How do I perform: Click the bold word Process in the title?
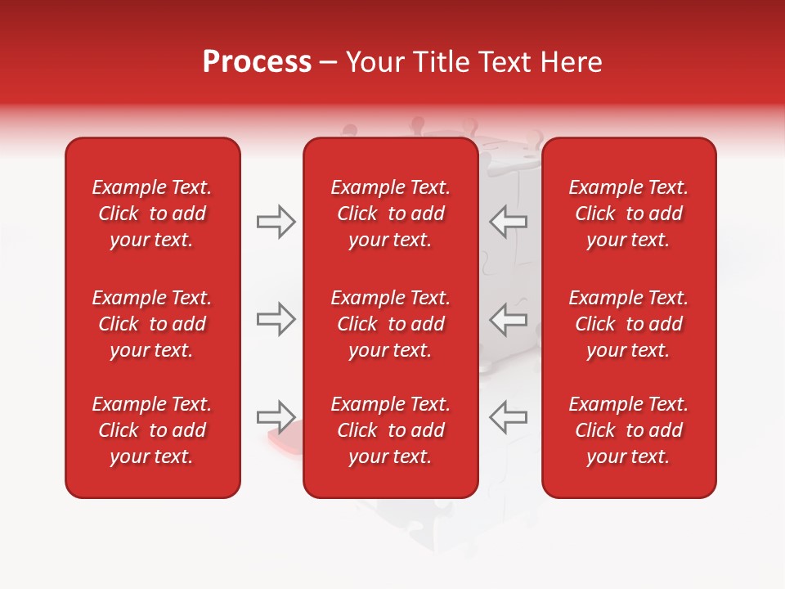click(257, 62)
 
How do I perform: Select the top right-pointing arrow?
click(276, 222)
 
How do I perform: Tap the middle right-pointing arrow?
click(276, 319)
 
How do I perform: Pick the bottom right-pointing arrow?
click(276, 416)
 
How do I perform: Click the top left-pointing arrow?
click(509, 222)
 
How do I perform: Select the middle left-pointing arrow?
click(509, 319)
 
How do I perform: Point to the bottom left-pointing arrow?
click(509, 416)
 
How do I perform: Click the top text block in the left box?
click(152, 214)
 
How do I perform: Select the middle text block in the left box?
click(152, 324)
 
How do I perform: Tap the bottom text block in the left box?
click(152, 430)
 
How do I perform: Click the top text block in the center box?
click(391, 214)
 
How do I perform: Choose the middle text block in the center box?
click(391, 324)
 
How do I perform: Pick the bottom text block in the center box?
click(391, 430)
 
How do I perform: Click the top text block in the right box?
click(629, 214)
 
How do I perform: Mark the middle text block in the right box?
click(629, 324)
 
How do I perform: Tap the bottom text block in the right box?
click(629, 430)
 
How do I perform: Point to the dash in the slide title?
click(329, 63)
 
